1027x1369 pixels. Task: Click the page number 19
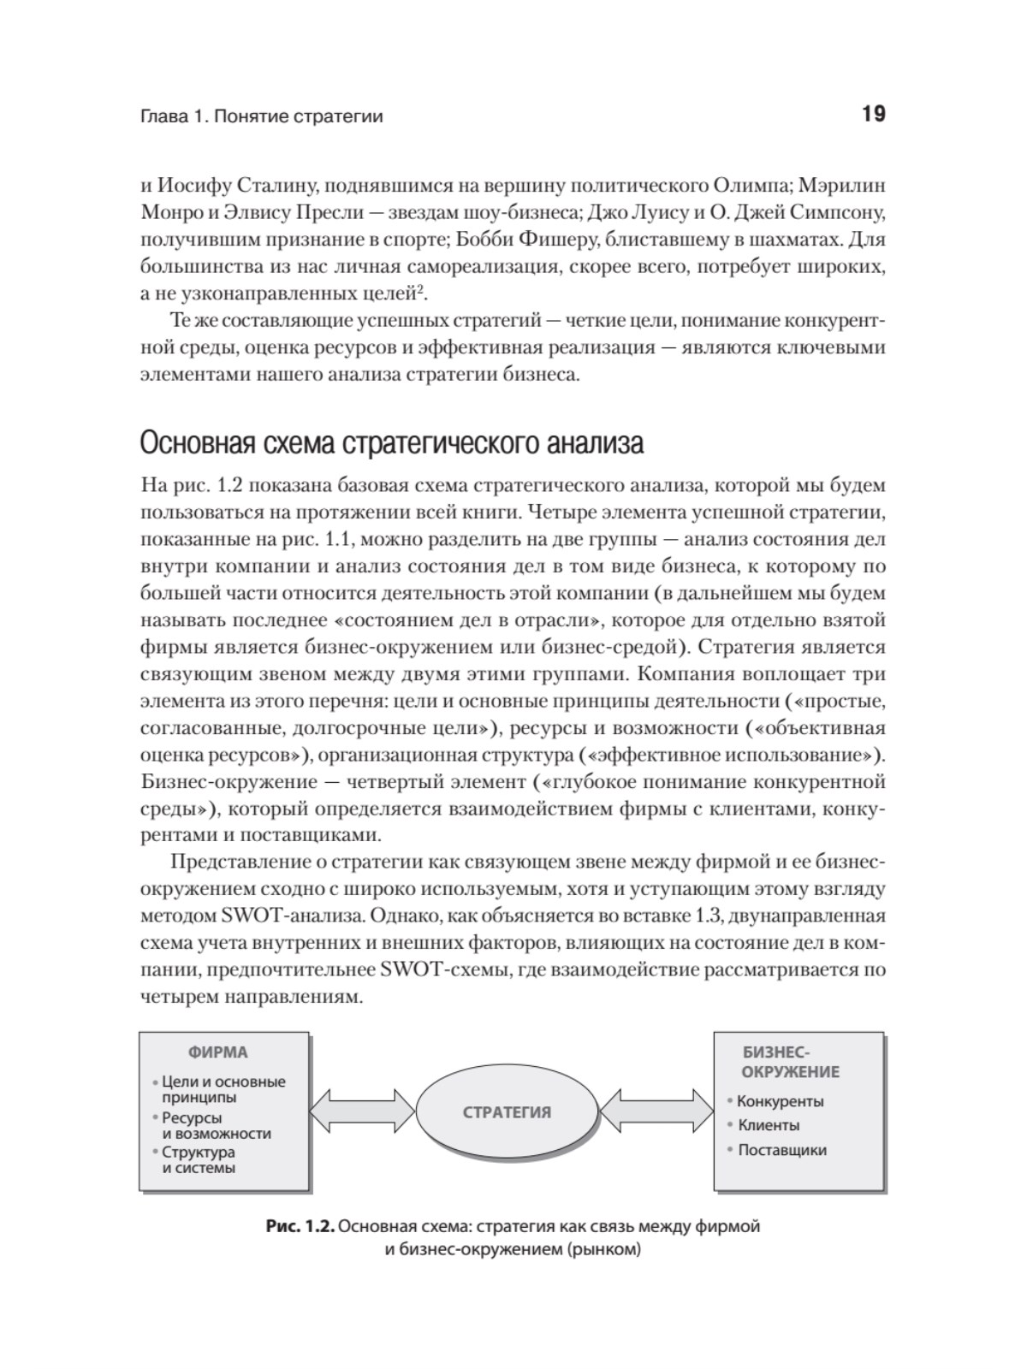873,114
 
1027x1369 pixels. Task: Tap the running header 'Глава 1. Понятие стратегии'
261,116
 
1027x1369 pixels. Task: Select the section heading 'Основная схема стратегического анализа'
391,444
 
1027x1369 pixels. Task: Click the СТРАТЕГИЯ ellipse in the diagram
507,1112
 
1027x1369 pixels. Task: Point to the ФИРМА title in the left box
218,1052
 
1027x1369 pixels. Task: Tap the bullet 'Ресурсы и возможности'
216,1125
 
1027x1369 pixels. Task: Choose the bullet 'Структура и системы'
199,1160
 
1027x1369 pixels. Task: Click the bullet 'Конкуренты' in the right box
780,1101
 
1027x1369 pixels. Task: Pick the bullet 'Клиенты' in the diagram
769,1125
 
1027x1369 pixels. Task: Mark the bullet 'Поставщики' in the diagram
781,1150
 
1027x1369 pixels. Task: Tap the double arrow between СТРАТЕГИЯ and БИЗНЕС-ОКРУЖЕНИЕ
656,1112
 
